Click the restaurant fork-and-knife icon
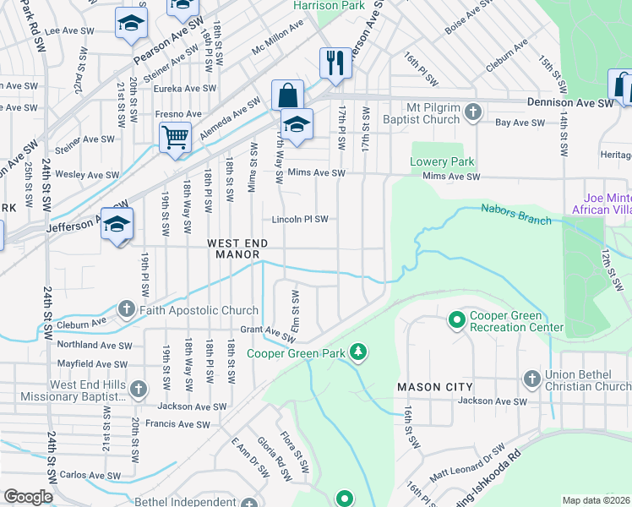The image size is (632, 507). pos(335,62)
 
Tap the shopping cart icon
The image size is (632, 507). pos(175,135)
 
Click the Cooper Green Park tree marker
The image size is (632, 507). pos(359,352)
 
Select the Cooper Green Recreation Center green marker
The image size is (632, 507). pos(457,320)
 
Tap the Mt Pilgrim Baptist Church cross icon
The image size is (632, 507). pos(473,112)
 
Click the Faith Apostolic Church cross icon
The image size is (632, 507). pos(127,310)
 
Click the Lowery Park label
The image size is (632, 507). pos(442,161)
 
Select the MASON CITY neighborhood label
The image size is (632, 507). pos(435,387)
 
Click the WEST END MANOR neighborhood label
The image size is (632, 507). pos(238,248)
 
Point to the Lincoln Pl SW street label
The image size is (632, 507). pos(299,220)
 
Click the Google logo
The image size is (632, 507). pos(28,497)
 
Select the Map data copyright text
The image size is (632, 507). pos(596,500)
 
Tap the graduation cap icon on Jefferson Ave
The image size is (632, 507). pos(118,224)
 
